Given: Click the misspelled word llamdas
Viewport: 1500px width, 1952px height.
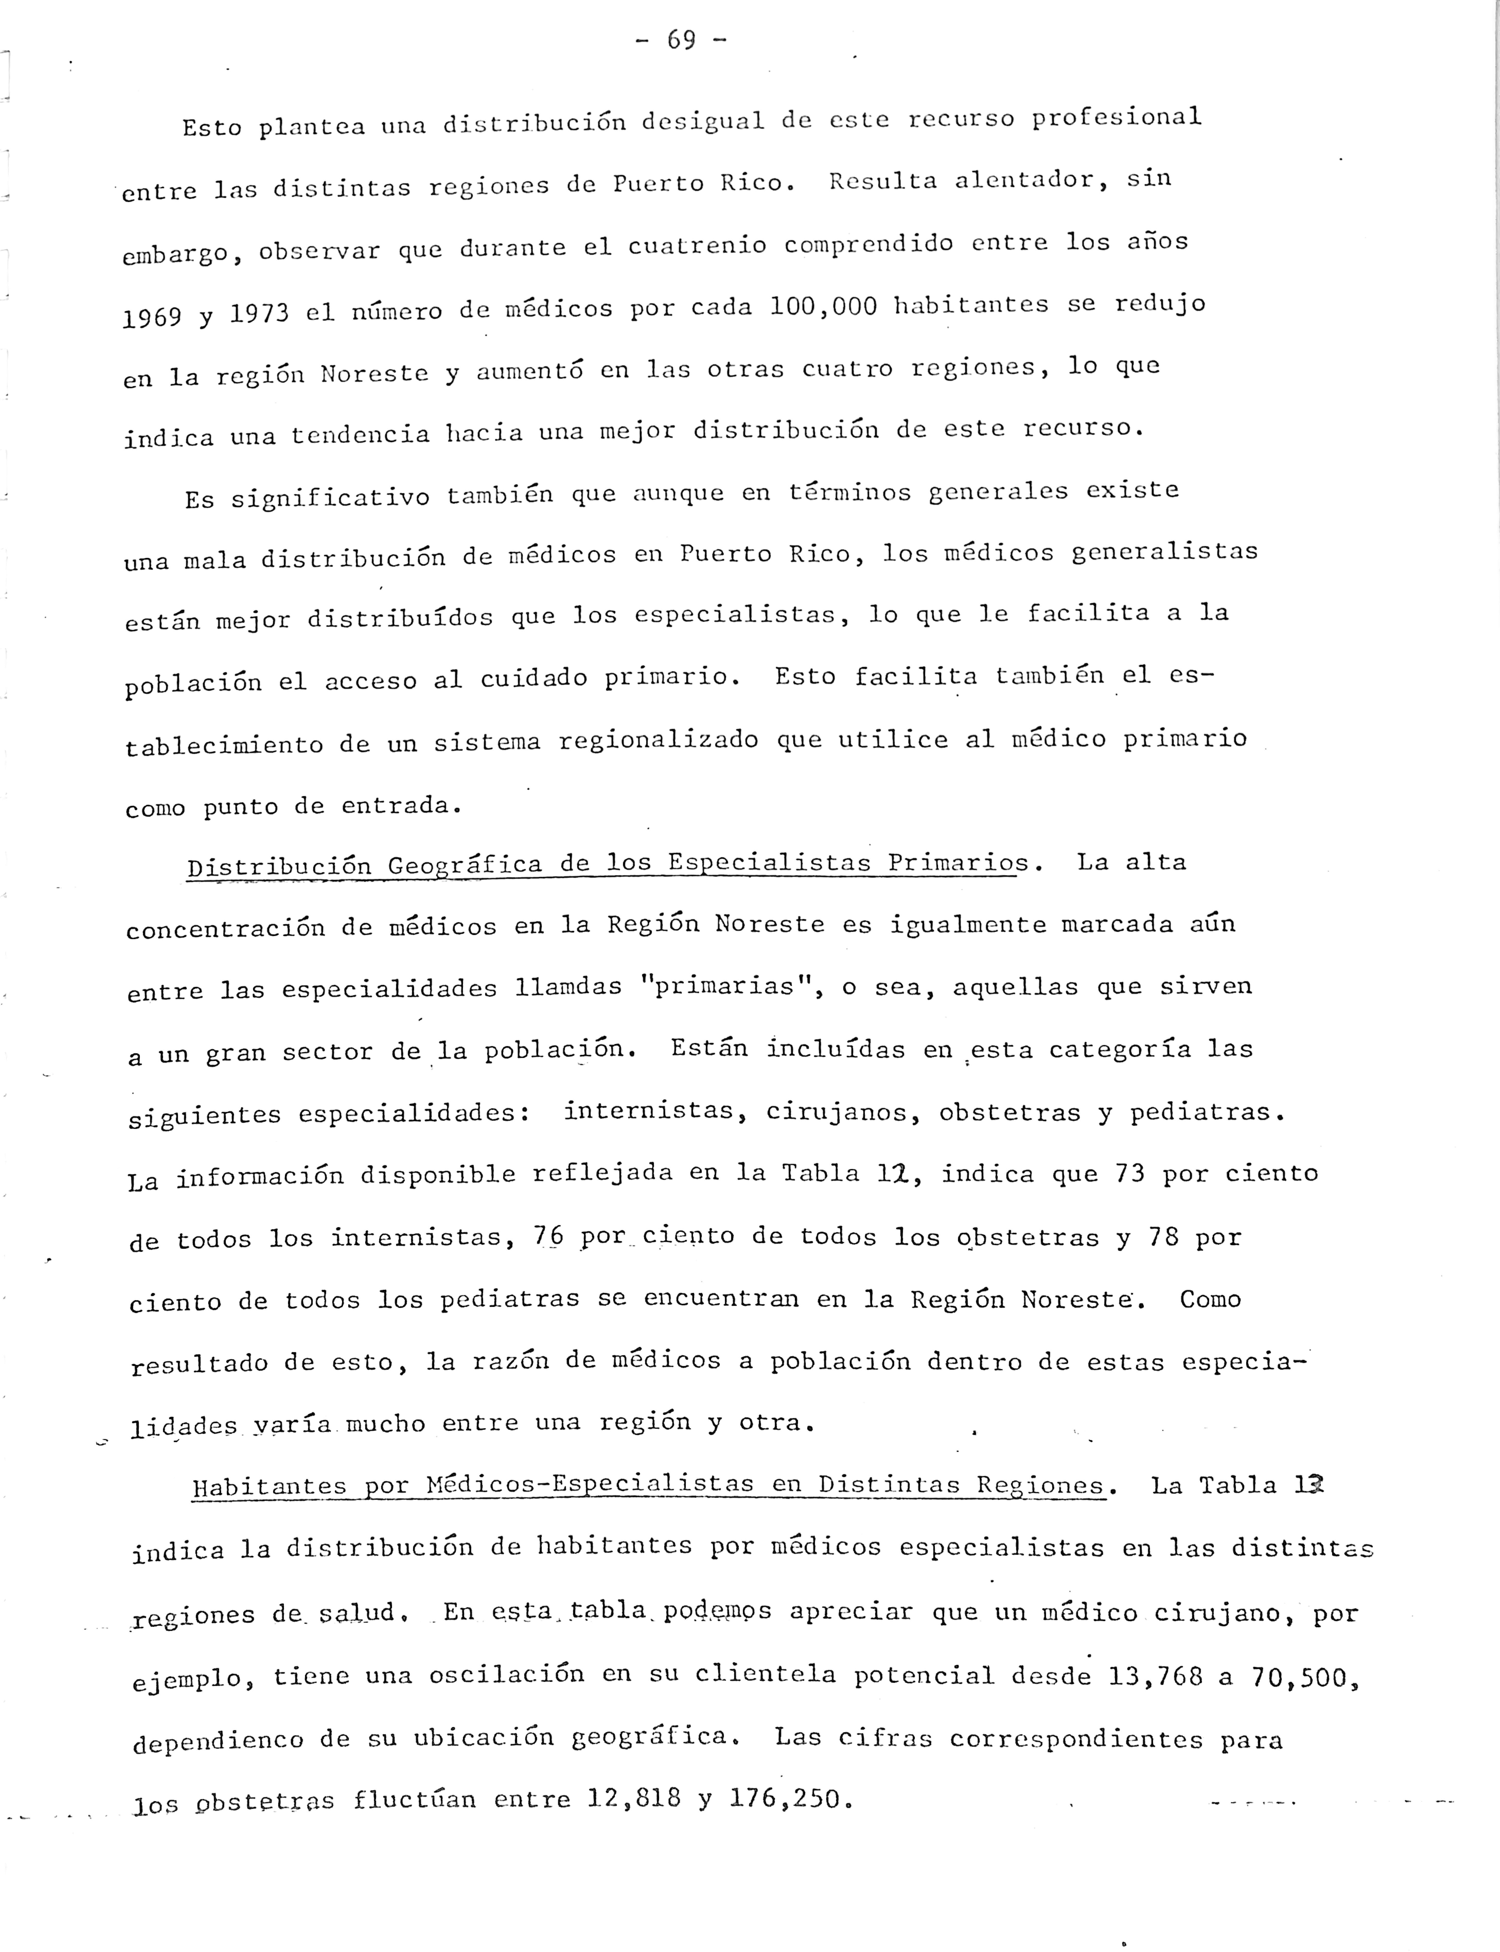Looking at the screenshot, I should [x=568, y=988].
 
